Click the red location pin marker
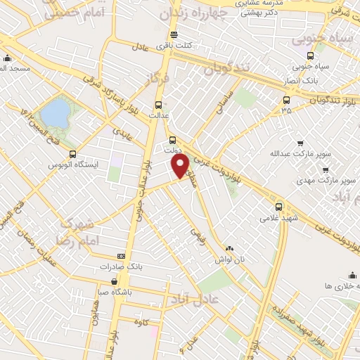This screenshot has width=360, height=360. pos(181,165)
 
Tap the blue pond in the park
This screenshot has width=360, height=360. pos(53,113)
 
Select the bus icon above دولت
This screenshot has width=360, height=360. pos(172,140)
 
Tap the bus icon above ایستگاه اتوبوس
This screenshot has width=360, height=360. pos(72,154)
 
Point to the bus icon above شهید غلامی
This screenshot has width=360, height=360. pos(278,207)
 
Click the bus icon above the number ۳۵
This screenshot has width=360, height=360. pos(285,100)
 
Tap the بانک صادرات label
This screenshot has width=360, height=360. pos(121,266)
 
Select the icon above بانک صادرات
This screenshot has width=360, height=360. pos(121,257)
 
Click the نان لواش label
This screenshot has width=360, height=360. pos(229,259)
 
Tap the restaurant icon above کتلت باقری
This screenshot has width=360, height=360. pos(173,35)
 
